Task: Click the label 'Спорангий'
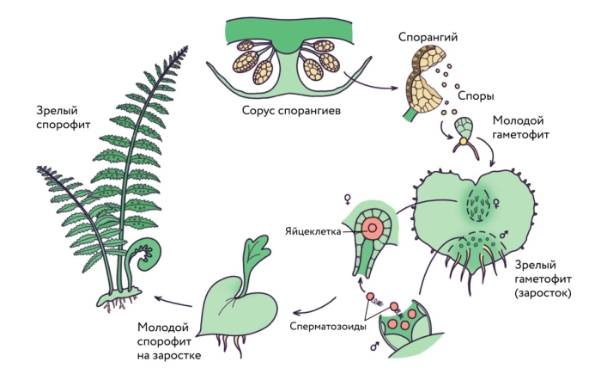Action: coord(427,37)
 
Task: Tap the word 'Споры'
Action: coord(476,96)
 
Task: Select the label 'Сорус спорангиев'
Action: coord(286,112)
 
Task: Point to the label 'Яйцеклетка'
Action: coord(313,231)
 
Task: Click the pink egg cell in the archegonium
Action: coord(373,230)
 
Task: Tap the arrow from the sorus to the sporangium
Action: coord(370,86)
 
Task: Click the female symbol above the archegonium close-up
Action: coord(348,199)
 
